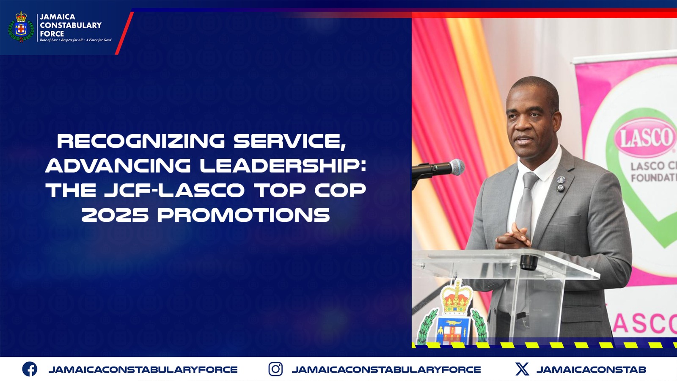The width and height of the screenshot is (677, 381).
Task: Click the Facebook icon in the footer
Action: coord(30,369)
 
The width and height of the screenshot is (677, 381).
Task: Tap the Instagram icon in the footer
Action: coord(275,369)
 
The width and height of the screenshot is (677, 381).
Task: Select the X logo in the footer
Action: coord(522,369)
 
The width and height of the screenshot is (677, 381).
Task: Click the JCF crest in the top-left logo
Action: coord(21,27)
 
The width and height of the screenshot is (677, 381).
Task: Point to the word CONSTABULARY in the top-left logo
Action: coord(71,25)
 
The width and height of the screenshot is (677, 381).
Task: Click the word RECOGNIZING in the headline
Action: coord(141,141)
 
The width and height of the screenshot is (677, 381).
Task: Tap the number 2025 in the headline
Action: coord(115,215)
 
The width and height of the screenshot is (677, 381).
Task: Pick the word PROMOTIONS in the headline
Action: coord(244,215)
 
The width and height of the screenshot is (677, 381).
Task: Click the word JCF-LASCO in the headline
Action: coord(174,190)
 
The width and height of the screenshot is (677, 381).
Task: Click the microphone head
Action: coord(457,167)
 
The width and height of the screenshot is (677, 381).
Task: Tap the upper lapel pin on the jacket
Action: coord(561,179)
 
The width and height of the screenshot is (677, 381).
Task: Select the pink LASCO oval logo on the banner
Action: coord(645,138)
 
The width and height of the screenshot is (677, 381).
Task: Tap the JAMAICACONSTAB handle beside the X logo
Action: coord(591,370)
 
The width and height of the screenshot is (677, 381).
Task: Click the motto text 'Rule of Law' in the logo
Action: coord(48,40)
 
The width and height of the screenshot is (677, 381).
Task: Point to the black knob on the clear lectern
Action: coord(528,262)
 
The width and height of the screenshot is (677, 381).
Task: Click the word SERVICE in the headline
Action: coord(289,141)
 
